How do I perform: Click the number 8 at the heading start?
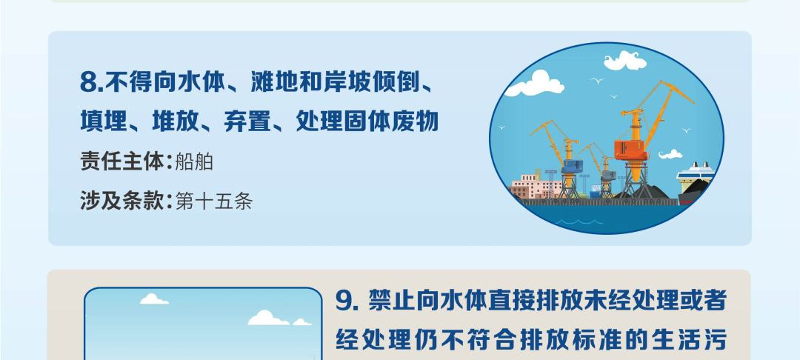tap(88, 84)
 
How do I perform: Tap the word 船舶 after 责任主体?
tap(194, 162)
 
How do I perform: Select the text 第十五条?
tap(214, 201)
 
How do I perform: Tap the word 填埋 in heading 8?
tap(104, 122)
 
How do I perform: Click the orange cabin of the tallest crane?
tap(630, 150)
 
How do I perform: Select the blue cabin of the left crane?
tap(572, 167)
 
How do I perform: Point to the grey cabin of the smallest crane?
tap(607, 176)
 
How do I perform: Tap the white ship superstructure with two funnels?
tap(695, 173)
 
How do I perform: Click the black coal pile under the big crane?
tap(645, 192)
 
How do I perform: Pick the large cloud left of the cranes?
tap(535, 84)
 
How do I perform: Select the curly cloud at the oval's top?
tap(625, 61)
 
